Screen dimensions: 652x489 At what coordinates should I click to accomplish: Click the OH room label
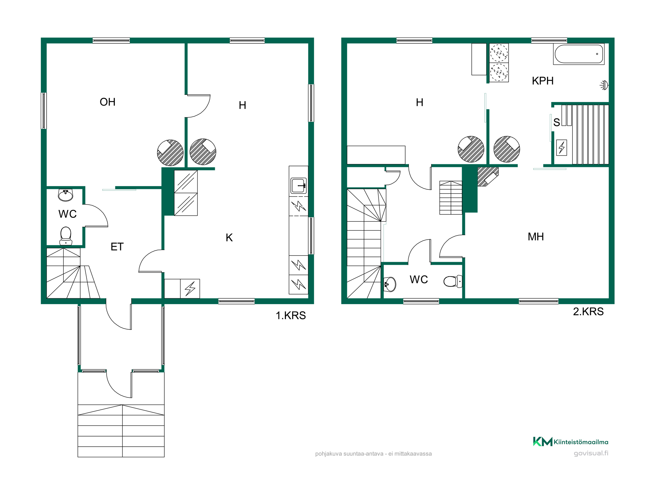[108, 102]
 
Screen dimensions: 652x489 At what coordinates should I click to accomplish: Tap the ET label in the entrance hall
[117, 247]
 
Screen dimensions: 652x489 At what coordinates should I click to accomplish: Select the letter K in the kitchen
[229, 238]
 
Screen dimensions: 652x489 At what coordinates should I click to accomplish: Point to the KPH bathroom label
[543, 81]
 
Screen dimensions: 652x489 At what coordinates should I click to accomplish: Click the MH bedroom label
[536, 237]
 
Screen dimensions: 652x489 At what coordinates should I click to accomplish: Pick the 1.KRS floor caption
[291, 316]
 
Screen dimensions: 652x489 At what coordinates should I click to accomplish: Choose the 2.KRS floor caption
[588, 312]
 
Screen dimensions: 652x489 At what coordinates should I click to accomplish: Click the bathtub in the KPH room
[579, 54]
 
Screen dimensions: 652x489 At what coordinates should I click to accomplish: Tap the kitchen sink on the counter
[299, 186]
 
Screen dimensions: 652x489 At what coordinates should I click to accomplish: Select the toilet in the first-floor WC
[66, 236]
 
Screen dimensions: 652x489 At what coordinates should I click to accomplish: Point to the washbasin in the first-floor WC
[66, 195]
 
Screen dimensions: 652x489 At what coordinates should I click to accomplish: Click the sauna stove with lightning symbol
[561, 148]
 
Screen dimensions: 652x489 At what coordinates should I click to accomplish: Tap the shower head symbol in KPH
[604, 85]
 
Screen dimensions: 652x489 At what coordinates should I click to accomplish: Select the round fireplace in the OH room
[170, 153]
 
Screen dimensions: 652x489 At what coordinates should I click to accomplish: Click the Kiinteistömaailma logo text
[581, 442]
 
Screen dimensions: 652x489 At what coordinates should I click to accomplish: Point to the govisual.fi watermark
[591, 453]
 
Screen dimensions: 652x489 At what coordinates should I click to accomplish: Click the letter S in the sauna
[557, 123]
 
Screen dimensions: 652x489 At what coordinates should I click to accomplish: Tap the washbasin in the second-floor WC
[390, 284]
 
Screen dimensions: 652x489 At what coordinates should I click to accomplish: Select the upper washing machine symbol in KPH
[499, 53]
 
